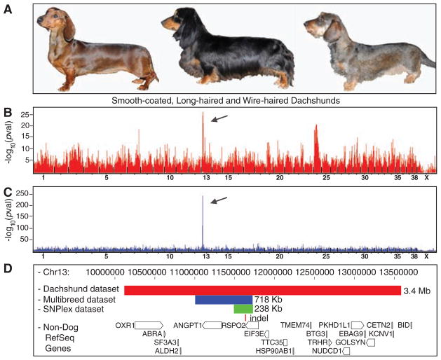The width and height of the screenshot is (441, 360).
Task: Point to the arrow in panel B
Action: pyautogui.click(x=220, y=118)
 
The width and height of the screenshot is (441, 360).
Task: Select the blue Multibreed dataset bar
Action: pyautogui.click(x=223, y=300)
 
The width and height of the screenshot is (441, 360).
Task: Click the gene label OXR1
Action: pyautogui.click(x=124, y=325)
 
